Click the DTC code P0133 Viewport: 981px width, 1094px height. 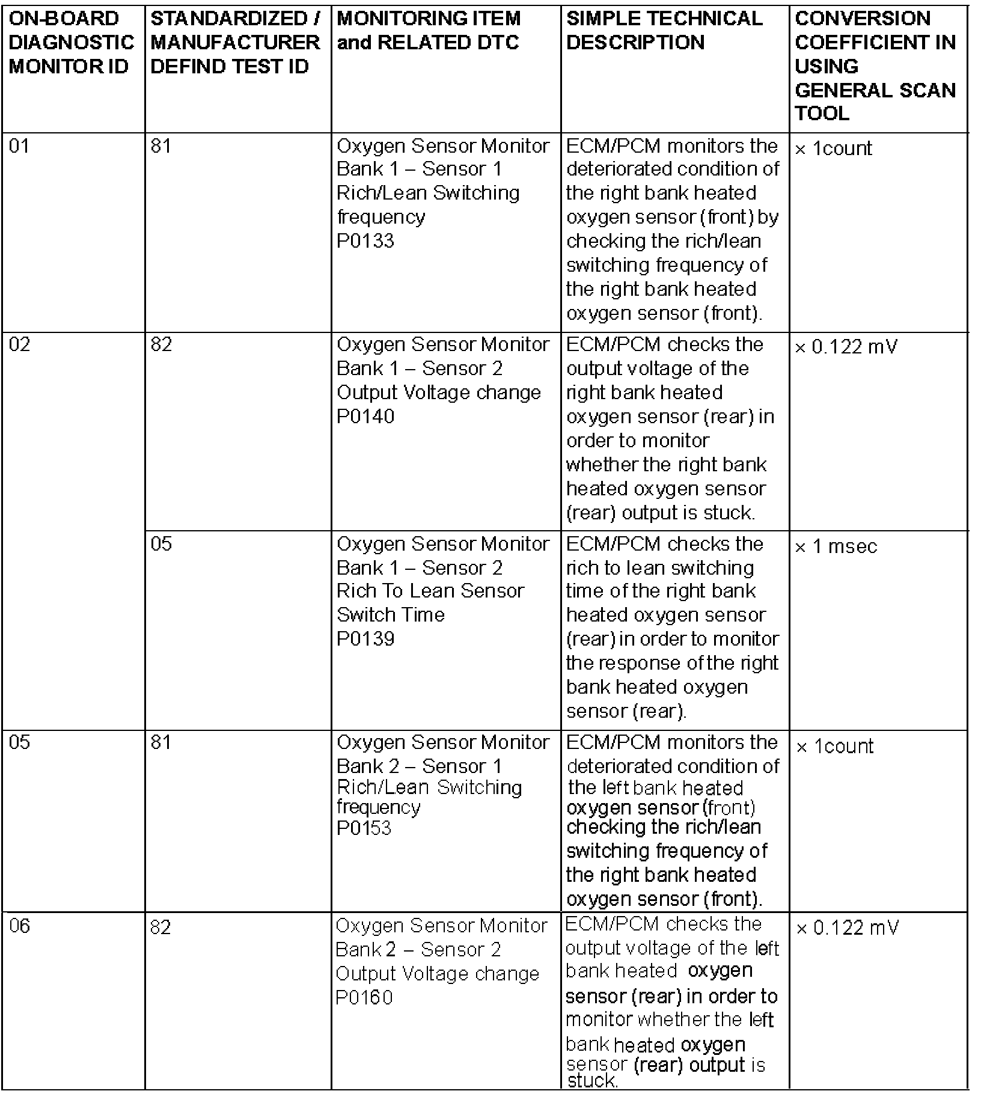click(365, 241)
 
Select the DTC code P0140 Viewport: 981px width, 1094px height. click(365, 417)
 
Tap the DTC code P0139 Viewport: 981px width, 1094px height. click(365, 638)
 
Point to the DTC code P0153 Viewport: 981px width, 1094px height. click(364, 828)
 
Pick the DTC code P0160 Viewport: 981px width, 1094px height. click(364, 997)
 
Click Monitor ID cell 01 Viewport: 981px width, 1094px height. click(19, 146)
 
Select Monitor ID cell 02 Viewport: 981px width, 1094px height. click(20, 345)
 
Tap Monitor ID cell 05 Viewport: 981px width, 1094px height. click(20, 743)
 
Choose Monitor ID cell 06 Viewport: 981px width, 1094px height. click(20, 926)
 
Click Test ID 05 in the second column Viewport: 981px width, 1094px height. click(161, 544)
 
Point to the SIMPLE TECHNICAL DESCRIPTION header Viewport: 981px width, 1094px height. click(664, 30)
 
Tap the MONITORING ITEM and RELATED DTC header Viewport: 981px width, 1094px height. click(429, 30)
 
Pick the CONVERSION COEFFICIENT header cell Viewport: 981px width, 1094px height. click(875, 66)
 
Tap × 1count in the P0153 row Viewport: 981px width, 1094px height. click(835, 746)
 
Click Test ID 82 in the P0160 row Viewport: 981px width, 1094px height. click(161, 927)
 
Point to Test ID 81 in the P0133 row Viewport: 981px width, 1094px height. click(160, 146)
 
